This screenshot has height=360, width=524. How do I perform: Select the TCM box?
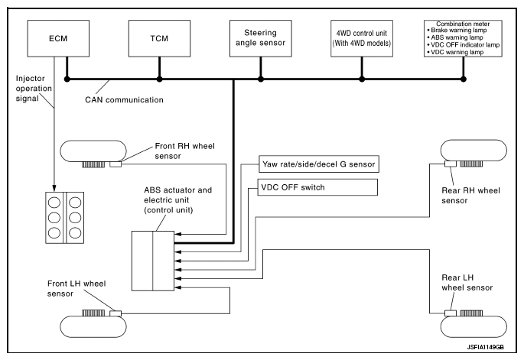pos(158,38)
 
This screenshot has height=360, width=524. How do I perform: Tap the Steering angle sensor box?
pos(262,38)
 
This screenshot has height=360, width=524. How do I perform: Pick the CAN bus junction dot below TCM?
pos(158,79)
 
